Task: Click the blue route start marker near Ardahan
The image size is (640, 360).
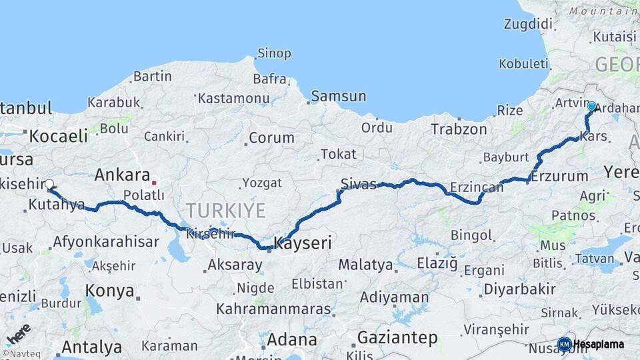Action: pos(591,106)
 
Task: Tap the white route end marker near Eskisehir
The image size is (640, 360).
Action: pos(49,183)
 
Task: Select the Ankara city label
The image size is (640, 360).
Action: pos(122,175)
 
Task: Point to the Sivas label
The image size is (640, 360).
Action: pos(359,184)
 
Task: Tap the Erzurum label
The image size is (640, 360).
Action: pos(560,177)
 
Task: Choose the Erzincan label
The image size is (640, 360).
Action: pos(476,188)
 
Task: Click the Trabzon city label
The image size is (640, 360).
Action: pos(459,129)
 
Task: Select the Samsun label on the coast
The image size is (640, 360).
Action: pos(338,96)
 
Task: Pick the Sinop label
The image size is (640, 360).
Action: pos(274,53)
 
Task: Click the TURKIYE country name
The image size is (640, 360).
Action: pos(225,211)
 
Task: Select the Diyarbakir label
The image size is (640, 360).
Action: pos(519,289)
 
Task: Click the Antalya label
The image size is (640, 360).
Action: pos(91,347)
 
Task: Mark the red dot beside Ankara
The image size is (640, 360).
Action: pos(154,182)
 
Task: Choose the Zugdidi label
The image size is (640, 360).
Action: pos(529,25)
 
